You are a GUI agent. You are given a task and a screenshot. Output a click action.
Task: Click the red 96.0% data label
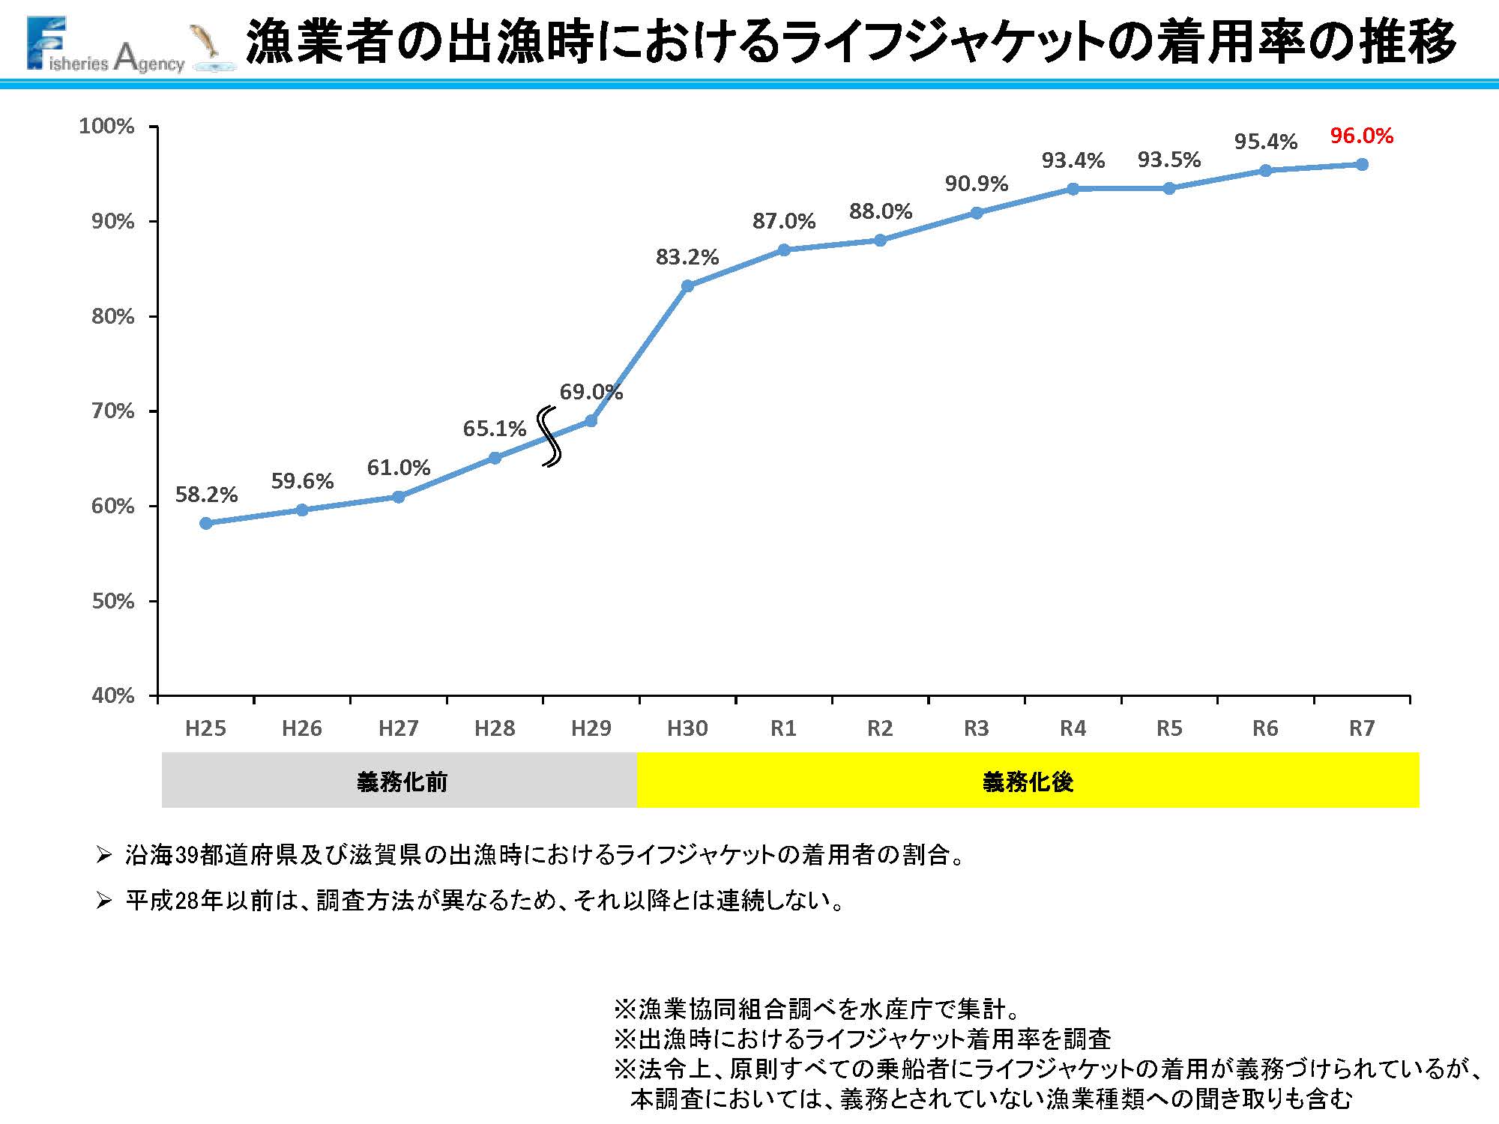pyautogui.click(x=1361, y=136)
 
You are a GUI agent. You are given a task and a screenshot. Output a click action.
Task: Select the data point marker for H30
pyautogui.click(x=687, y=285)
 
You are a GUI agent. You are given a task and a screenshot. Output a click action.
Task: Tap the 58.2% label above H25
pyautogui.click(x=206, y=495)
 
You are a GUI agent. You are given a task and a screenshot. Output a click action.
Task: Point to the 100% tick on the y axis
pyautogui.click(x=106, y=126)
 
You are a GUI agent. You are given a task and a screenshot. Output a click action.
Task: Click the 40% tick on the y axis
pyautogui.click(x=112, y=695)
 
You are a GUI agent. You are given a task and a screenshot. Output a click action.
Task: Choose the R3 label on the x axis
pyautogui.click(x=976, y=728)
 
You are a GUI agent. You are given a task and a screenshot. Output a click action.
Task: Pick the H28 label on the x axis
pyautogui.click(x=495, y=728)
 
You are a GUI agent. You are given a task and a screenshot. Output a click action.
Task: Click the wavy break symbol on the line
pyautogui.click(x=552, y=437)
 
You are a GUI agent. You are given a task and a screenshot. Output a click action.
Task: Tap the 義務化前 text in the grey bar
pyautogui.click(x=402, y=782)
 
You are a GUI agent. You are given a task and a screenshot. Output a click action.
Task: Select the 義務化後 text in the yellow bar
pyautogui.click(x=1028, y=782)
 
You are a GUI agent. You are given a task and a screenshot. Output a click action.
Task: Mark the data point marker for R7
pyautogui.click(x=1362, y=164)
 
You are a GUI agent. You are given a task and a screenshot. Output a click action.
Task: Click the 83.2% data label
pyautogui.click(x=687, y=257)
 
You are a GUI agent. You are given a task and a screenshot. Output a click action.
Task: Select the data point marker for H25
pyautogui.click(x=206, y=523)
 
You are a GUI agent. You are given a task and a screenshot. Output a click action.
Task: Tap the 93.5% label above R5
pyautogui.click(x=1168, y=160)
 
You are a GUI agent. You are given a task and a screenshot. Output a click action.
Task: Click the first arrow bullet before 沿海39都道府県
pyautogui.click(x=103, y=855)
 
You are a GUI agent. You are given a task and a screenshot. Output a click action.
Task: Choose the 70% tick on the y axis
pyautogui.click(x=112, y=411)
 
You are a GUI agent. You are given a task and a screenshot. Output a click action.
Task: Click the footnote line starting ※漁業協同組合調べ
pyautogui.click(x=817, y=1009)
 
